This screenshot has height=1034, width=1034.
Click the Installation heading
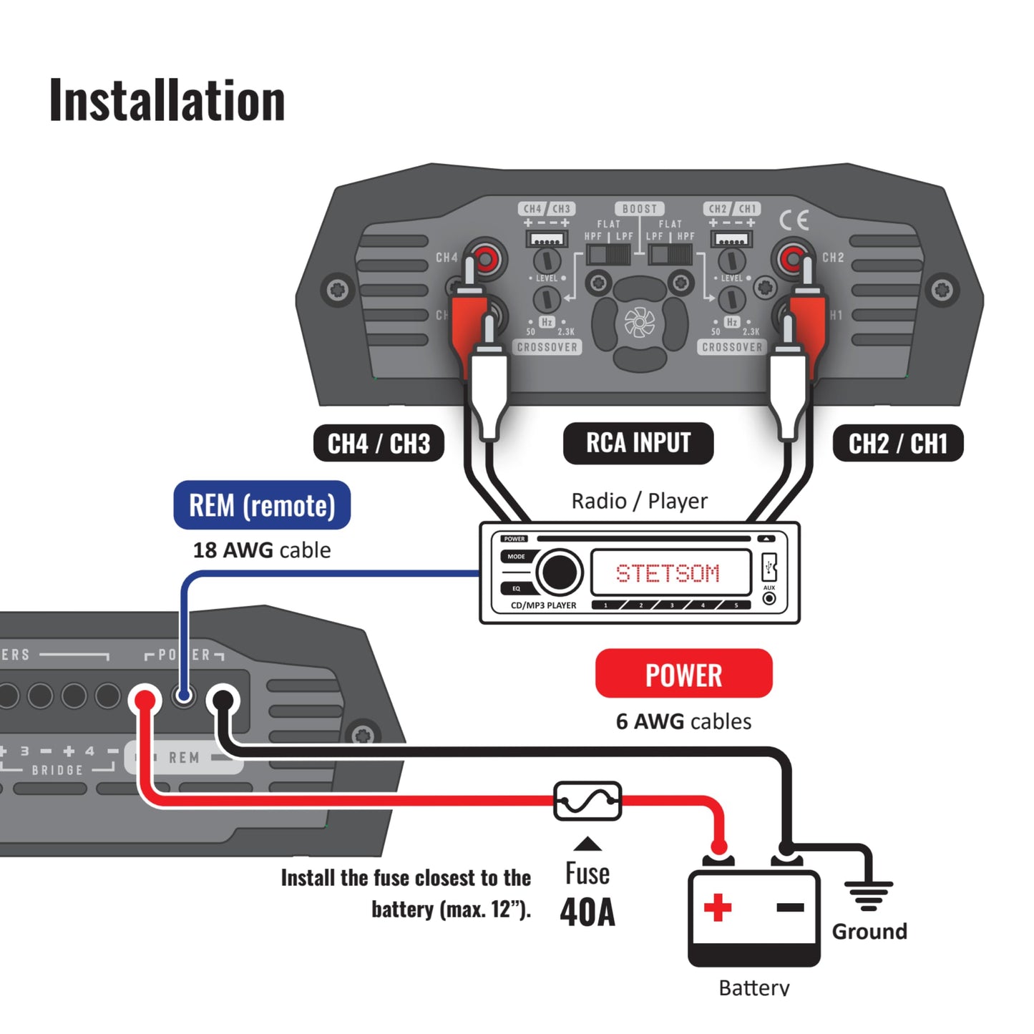point(167,100)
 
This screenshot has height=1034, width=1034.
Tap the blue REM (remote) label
point(262,505)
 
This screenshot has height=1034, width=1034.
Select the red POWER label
point(683,674)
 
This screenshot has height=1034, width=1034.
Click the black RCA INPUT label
point(638,443)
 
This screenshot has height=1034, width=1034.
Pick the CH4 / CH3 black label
point(379,444)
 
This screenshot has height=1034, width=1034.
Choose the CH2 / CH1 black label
point(897,444)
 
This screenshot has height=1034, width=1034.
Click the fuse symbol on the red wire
point(587,801)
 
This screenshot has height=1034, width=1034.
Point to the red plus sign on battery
point(717,907)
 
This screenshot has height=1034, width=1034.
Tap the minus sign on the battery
point(790,907)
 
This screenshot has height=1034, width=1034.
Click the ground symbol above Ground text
point(868,894)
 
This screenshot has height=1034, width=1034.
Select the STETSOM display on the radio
point(669,573)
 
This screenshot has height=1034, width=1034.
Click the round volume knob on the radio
point(559,572)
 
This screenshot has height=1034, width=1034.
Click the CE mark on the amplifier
point(794,220)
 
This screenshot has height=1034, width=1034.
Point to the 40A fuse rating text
point(587,912)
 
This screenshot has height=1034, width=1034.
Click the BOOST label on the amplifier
point(639,209)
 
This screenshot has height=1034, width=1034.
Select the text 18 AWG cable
point(262,550)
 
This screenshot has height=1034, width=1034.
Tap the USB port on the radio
point(769,567)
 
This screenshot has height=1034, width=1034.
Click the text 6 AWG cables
point(683,721)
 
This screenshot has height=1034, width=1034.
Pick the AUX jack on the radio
point(769,598)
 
